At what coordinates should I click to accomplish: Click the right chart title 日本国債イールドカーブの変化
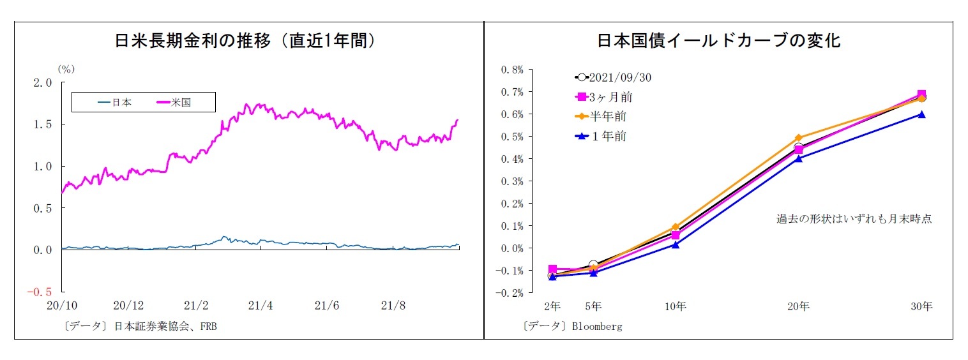click(718, 41)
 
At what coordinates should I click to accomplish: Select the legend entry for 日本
click(114, 102)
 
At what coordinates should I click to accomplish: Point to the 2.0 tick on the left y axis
click(43, 82)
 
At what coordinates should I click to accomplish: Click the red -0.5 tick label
click(41, 292)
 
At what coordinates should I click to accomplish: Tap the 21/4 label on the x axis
click(260, 306)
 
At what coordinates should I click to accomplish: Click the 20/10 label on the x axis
click(62, 306)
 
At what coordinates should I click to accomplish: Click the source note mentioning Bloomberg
click(571, 326)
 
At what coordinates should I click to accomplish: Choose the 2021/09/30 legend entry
click(613, 77)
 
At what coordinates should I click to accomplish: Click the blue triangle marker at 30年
click(921, 114)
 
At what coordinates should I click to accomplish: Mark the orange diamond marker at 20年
click(798, 138)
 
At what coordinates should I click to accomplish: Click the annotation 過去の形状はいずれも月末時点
click(854, 219)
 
